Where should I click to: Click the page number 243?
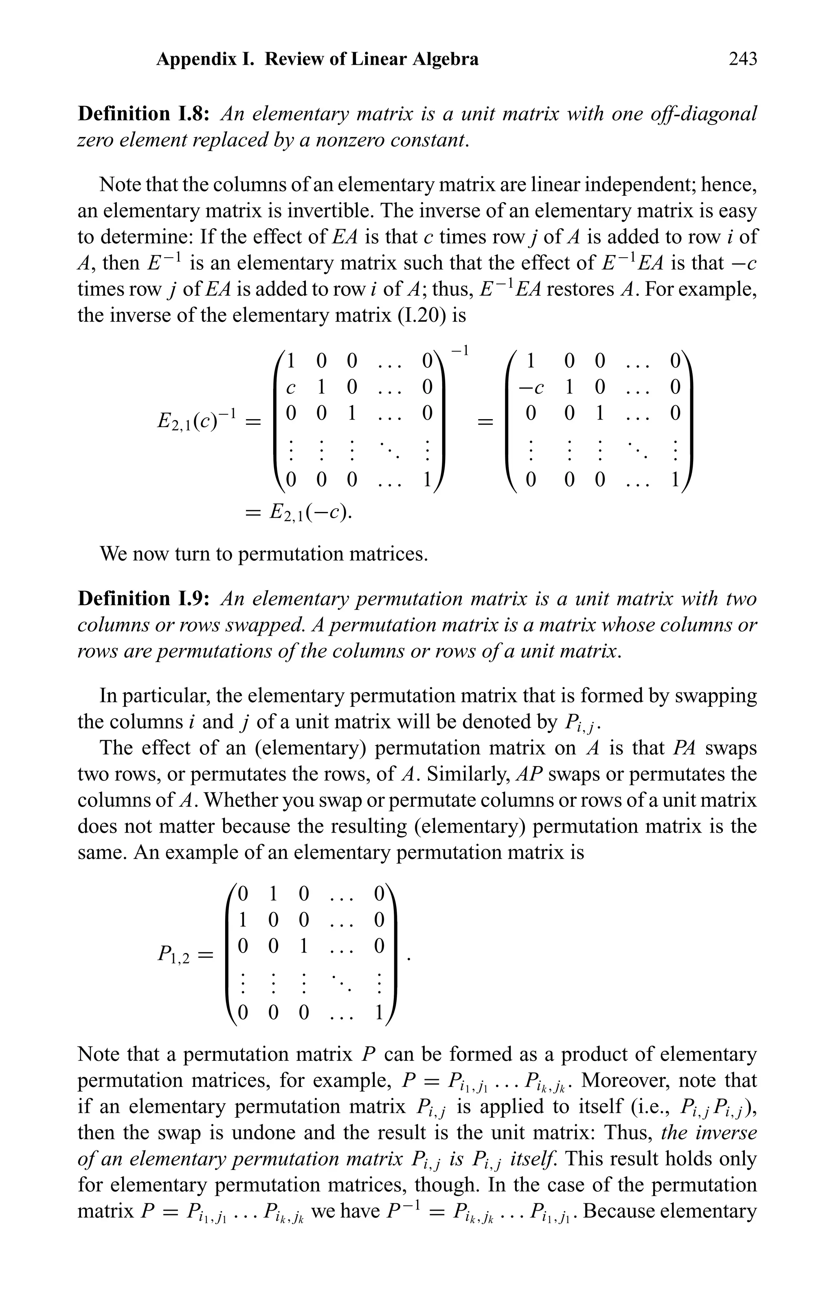click(x=742, y=59)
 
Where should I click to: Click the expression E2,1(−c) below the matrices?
click(x=309, y=511)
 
